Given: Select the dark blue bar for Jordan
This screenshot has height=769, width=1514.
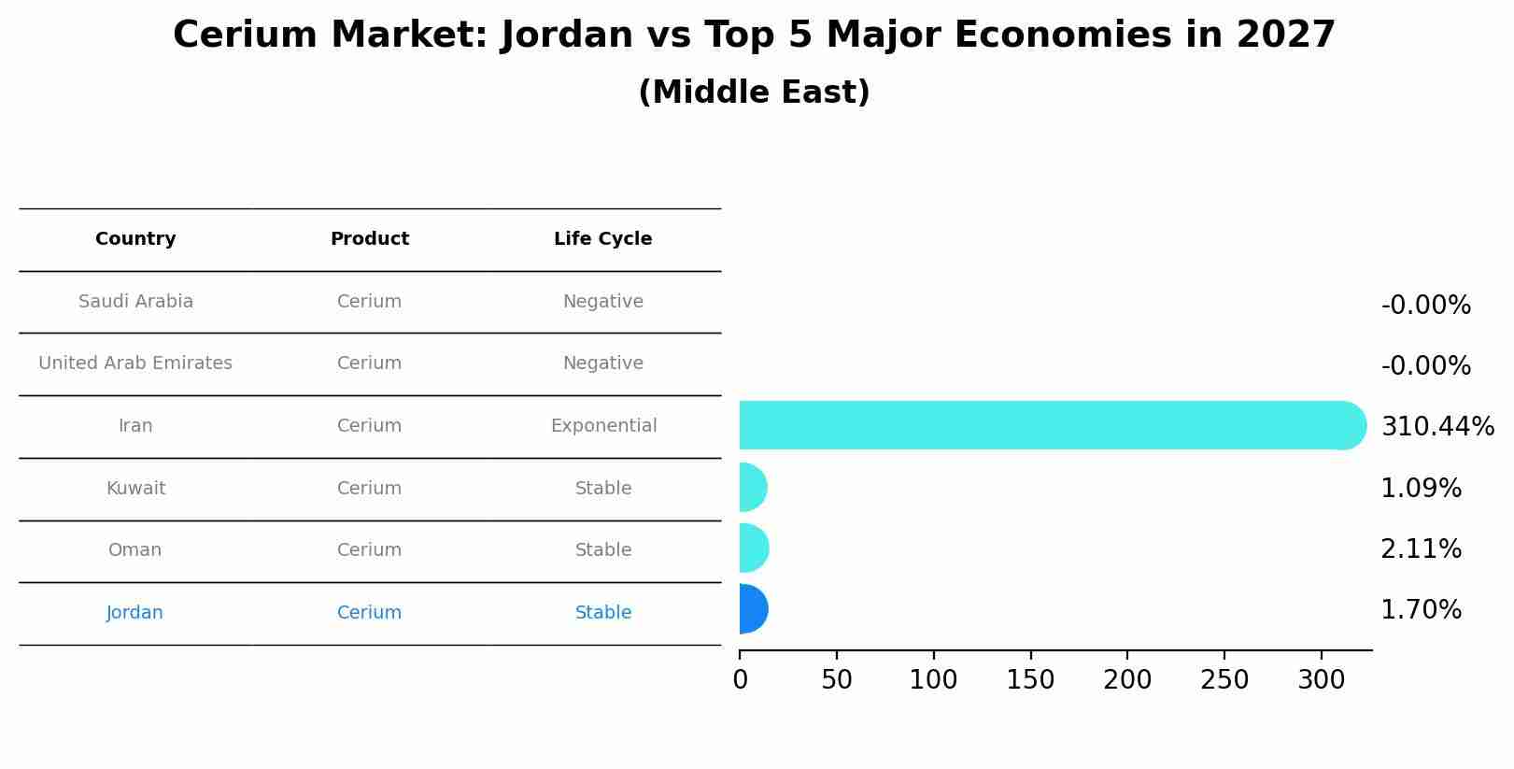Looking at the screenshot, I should tap(753, 609).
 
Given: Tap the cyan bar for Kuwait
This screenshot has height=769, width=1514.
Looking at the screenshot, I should tap(753, 487).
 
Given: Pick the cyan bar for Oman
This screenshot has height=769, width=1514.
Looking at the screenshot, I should tap(753, 548).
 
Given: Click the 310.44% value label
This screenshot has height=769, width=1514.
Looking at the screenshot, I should tap(1436, 427).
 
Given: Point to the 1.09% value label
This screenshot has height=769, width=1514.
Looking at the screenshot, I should tap(1421, 489).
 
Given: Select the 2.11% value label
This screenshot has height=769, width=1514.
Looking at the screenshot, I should tap(1421, 549).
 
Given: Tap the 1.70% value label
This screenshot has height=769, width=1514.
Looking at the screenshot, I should tap(1421, 610).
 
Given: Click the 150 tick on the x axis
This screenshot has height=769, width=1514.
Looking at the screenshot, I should tap(1030, 680).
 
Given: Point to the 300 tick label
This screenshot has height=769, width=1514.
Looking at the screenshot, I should tap(1321, 680).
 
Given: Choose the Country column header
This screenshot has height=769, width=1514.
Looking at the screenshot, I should tap(135, 239).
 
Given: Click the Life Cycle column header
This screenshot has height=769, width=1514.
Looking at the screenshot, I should tap(602, 239).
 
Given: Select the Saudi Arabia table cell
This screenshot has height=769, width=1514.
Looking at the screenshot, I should tap(135, 302).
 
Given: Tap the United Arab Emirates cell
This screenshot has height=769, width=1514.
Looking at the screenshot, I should tap(135, 363).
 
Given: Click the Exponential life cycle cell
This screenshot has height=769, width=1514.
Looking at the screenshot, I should tap(603, 426).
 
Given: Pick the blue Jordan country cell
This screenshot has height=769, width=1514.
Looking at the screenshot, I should tap(134, 613).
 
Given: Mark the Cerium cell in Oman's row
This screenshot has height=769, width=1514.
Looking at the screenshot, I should tap(369, 550).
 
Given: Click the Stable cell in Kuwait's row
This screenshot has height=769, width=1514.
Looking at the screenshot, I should tap(603, 489).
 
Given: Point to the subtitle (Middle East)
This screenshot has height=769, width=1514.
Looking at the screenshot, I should tap(754, 93).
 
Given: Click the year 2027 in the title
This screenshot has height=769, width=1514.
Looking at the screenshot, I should tap(1285, 36).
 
